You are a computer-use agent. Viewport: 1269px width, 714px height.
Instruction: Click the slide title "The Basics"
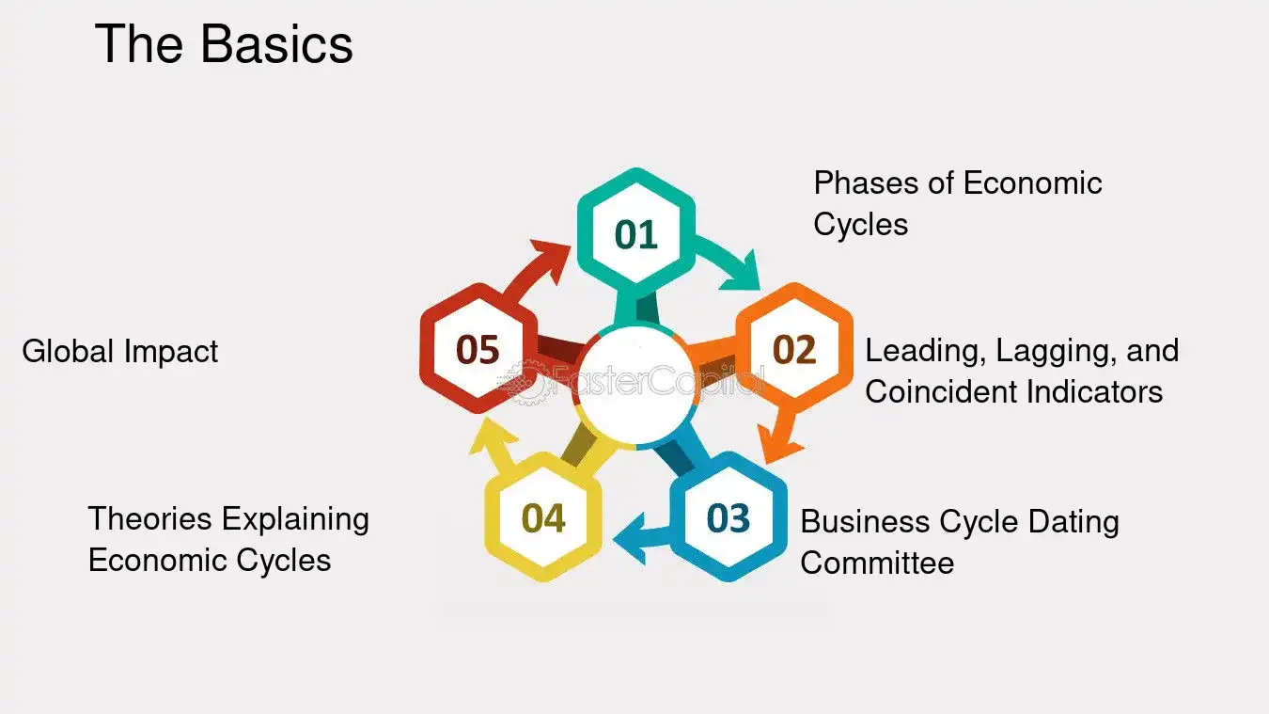coord(224,43)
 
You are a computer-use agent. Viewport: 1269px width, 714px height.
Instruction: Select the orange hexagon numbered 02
coord(794,348)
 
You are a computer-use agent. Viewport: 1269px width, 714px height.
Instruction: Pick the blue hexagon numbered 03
coord(728,516)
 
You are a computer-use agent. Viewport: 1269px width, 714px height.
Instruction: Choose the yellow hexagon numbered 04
coord(543,516)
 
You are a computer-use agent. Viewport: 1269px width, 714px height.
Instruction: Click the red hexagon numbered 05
coord(478,348)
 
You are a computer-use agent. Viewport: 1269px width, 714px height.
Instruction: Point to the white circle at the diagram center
coord(636,385)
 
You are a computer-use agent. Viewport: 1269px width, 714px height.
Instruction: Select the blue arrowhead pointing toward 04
coord(630,538)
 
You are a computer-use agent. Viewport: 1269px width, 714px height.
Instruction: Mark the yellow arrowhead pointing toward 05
coord(492,437)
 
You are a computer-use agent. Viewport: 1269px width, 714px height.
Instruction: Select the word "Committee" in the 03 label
coord(878,563)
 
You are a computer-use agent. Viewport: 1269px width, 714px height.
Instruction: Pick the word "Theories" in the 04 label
coord(150,518)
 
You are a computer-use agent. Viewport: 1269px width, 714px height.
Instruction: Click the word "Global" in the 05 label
coord(68,351)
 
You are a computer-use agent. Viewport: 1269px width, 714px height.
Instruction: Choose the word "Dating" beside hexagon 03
coord(1073,523)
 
